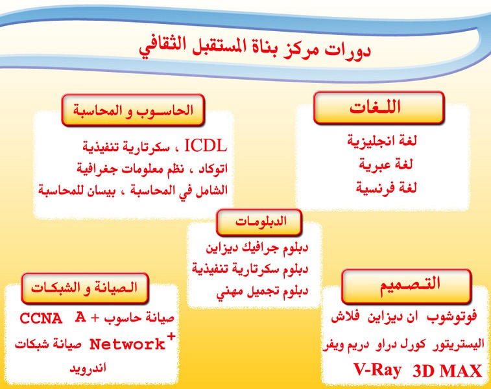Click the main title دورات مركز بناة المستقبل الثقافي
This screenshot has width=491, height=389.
(x=255, y=49)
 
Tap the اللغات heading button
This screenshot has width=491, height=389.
(x=379, y=108)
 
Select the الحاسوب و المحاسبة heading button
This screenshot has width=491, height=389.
(x=133, y=110)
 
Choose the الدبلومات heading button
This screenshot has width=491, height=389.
(x=259, y=222)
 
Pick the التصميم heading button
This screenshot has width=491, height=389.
(x=407, y=286)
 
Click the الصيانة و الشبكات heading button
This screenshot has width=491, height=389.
(x=84, y=289)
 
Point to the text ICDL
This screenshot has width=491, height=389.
(x=206, y=146)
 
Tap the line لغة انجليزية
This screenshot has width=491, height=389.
(x=382, y=141)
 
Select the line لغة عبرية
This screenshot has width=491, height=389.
(x=386, y=165)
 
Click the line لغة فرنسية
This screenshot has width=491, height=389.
(x=386, y=188)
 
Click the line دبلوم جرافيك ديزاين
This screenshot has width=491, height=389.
(x=257, y=248)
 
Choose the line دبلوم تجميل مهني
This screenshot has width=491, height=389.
(x=262, y=292)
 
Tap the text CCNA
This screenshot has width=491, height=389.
(x=41, y=318)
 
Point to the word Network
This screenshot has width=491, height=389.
(x=127, y=344)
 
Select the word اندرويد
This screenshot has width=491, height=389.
(x=88, y=368)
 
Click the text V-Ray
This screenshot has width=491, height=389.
(x=377, y=370)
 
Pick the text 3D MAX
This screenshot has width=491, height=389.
(x=447, y=371)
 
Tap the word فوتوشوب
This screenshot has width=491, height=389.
(x=451, y=317)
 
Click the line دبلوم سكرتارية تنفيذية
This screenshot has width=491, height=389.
(x=250, y=270)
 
